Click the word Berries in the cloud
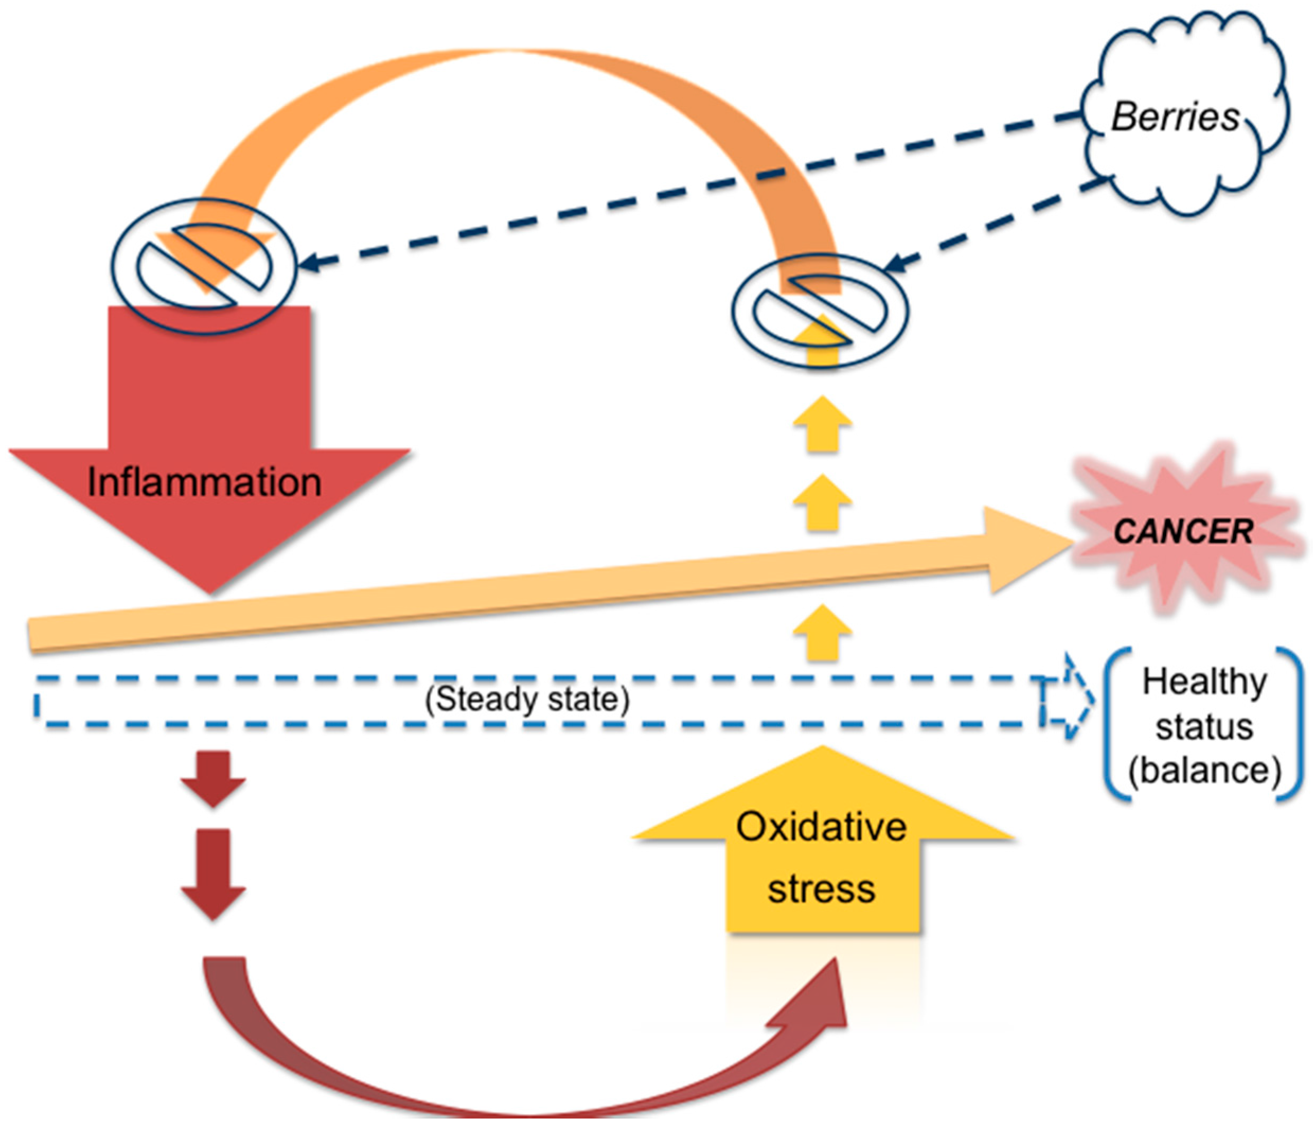pyautogui.click(x=1175, y=118)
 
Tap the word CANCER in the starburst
pyautogui.click(x=1183, y=531)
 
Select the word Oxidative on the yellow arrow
pyautogui.click(x=821, y=827)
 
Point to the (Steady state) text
pyautogui.click(x=526, y=699)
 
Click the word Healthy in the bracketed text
pyautogui.click(x=1204, y=682)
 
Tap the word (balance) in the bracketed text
pyautogui.click(x=1204, y=770)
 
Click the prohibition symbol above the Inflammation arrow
pyautogui.click(x=204, y=265)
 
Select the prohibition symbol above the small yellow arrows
pyautogui.click(x=820, y=311)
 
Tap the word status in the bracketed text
pyautogui.click(x=1204, y=726)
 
